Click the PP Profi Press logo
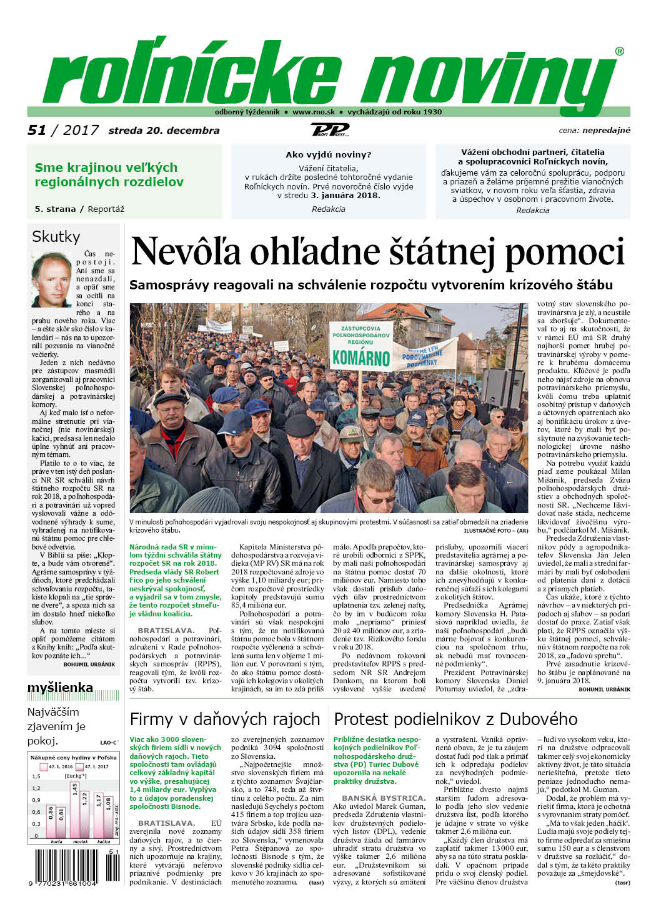[330, 129]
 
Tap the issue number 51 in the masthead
[37, 130]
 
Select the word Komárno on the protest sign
[360, 358]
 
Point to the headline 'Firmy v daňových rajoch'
[225, 719]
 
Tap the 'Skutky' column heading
[56, 236]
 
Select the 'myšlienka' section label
[60, 688]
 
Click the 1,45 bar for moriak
[75, 809]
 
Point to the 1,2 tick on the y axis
[36, 788]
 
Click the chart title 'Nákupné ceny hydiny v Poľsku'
[73, 757]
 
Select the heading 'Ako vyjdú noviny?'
[328, 154]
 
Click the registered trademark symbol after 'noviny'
[619, 51]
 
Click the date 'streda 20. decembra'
[164, 131]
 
